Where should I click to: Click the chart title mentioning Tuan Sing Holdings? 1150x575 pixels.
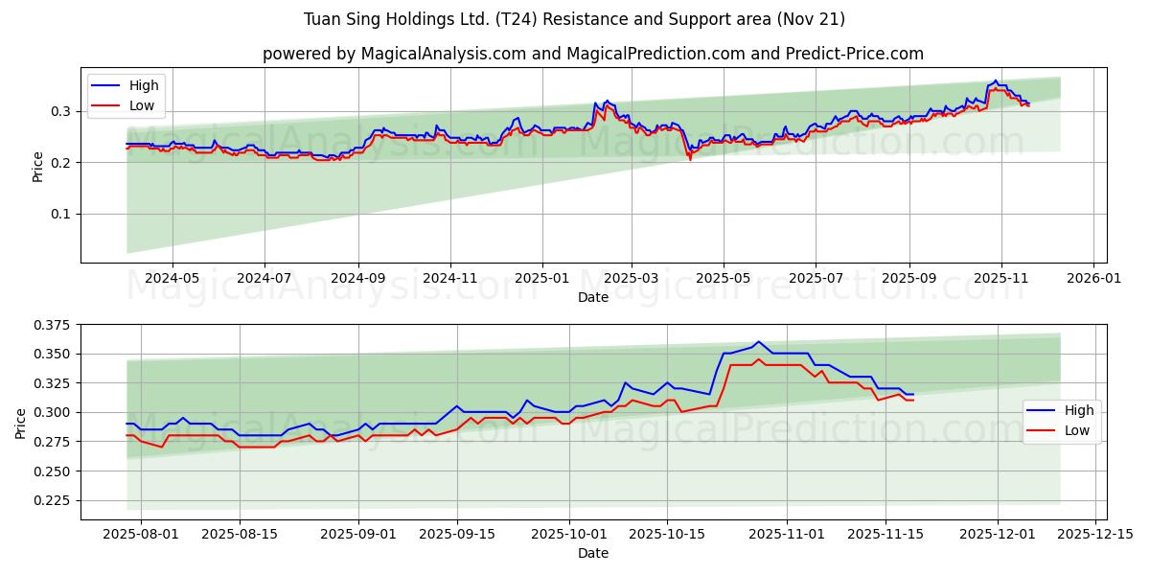click(x=574, y=19)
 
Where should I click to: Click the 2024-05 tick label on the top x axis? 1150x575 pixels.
click(x=172, y=278)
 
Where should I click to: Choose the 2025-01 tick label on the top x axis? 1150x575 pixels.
click(x=542, y=278)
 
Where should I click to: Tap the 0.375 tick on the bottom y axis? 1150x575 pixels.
click(x=54, y=325)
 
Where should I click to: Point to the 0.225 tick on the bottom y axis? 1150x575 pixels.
click(x=54, y=500)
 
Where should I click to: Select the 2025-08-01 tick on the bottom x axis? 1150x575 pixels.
click(x=141, y=535)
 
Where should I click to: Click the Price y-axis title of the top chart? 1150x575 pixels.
click(x=37, y=165)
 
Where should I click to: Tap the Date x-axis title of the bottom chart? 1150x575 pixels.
click(x=593, y=553)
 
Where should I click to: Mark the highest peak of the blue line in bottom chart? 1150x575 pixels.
click(x=758, y=341)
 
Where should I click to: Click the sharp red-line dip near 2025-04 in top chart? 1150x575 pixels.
click(x=690, y=159)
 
